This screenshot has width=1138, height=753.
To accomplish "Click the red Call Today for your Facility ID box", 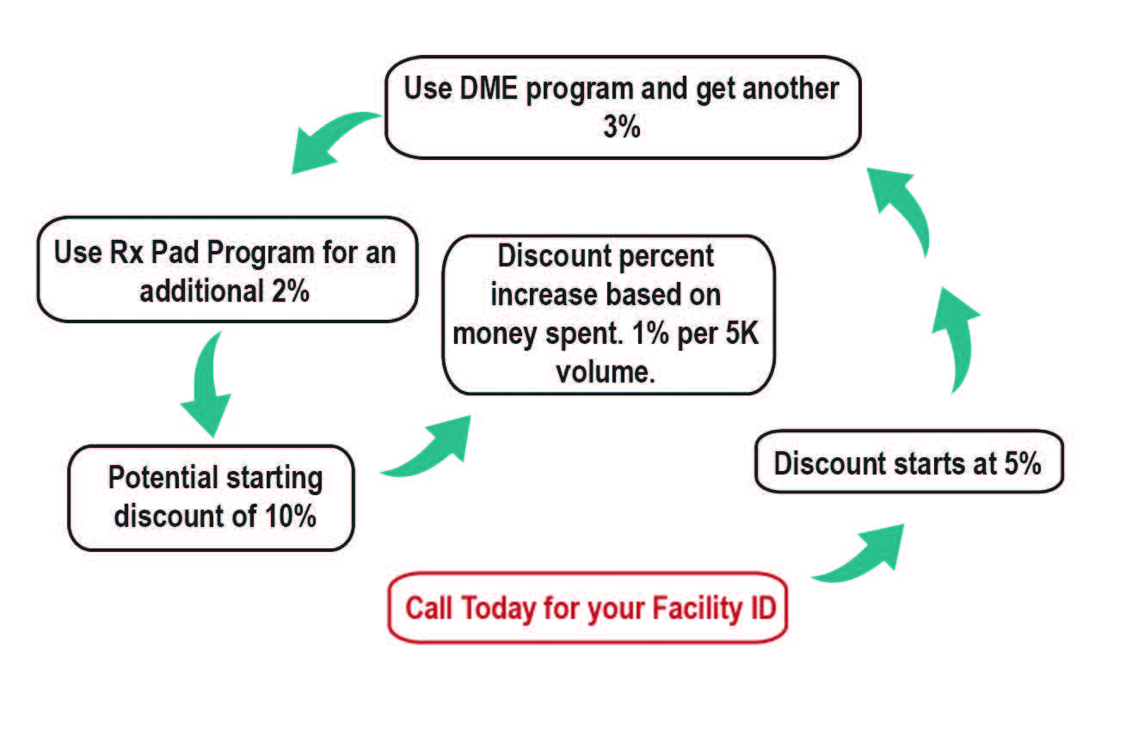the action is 587,607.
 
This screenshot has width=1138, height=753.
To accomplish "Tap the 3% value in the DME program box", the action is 621,126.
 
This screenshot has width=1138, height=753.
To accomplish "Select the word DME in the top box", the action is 489,89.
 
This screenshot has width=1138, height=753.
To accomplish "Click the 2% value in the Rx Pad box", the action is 291,291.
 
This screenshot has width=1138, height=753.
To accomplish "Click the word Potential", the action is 163,478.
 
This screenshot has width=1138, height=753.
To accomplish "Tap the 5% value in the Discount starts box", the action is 1022,463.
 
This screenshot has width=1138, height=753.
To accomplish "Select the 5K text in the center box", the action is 741,333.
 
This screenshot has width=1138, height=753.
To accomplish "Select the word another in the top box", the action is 790,89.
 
